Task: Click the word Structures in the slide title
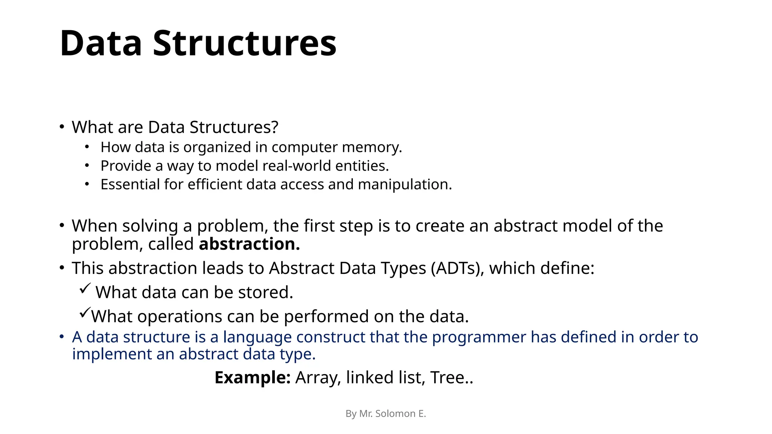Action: point(244,43)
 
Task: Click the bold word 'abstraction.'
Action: point(249,244)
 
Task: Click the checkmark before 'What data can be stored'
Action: point(85,289)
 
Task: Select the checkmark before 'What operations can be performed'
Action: point(85,313)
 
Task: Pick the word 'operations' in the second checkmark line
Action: point(179,316)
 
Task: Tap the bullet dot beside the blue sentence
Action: point(62,336)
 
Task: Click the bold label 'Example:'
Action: point(252,377)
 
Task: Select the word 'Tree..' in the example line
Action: point(451,377)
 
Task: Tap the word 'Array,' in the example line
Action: point(318,377)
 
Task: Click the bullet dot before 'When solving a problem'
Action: point(62,225)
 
